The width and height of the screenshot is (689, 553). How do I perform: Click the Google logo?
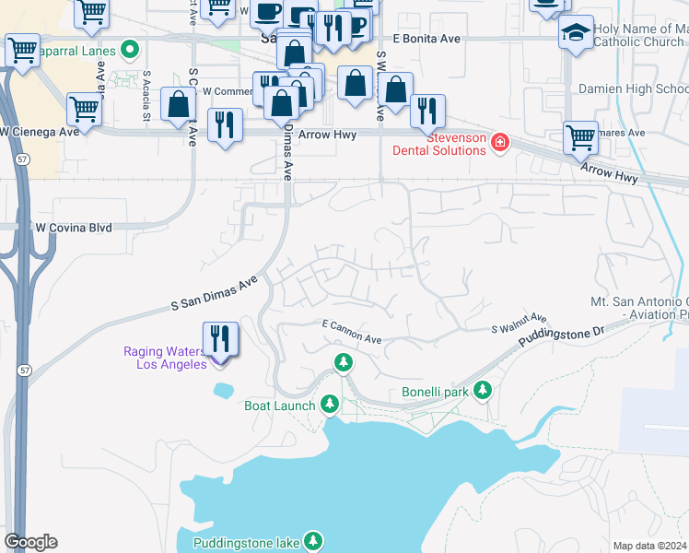[x=30, y=542]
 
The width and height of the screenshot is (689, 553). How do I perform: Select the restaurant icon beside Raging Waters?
[x=220, y=338]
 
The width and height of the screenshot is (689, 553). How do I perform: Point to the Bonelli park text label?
[x=435, y=392]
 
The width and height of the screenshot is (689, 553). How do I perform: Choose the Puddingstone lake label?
[x=247, y=543]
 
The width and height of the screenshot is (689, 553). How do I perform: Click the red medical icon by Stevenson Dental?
[x=499, y=142]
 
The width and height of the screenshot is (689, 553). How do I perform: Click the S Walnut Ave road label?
[x=519, y=323]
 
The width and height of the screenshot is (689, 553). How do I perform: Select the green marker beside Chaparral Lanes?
[x=130, y=48]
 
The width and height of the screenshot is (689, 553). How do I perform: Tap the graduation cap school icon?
[x=576, y=33]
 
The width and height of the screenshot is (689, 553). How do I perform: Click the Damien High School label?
[x=632, y=89]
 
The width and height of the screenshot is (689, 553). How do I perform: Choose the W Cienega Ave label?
[x=40, y=132]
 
